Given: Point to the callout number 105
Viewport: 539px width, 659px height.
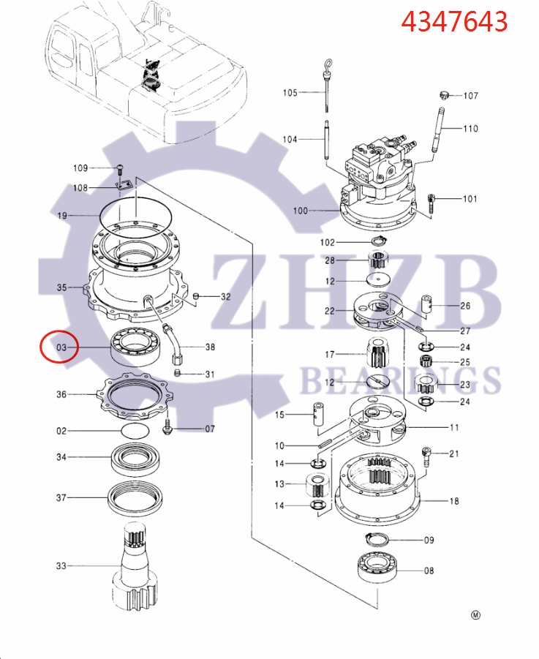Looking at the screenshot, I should pyautogui.click(x=290, y=92).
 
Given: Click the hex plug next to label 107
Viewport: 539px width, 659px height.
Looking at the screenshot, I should pyautogui.click(x=443, y=95).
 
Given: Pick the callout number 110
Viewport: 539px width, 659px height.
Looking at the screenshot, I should pyautogui.click(x=470, y=129).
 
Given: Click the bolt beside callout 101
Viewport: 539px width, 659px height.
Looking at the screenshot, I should pyautogui.click(x=431, y=201).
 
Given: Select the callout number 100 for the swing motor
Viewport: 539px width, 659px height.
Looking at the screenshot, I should pyautogui.click(x=301, y=211).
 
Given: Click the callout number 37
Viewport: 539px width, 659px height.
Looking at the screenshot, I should pyautogui.click(x=61, y=497).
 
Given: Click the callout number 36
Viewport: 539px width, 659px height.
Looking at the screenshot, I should pyautogui.click(x=61, y=394).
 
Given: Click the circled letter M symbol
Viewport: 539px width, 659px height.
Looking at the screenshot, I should pyautogui.click(x=475, y=615).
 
